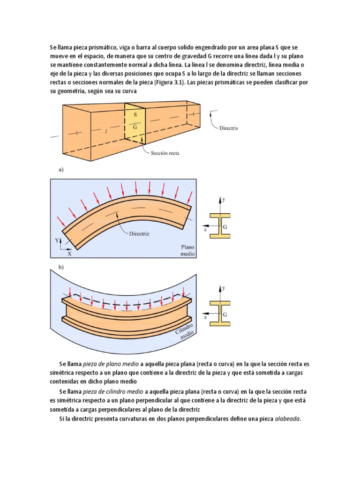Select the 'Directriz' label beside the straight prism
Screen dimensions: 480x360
[229, 127]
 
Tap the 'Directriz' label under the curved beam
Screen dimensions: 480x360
[139, 234]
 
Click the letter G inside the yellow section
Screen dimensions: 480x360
[135, 126]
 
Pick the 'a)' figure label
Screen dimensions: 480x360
[61, 170]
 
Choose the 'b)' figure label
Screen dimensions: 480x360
[61, 267]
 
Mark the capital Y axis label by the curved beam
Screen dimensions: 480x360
[57, 240]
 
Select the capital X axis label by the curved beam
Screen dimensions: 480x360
[69, 254]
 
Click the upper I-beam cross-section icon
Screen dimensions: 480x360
[219, 225]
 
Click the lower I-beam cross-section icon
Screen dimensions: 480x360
[219, 314]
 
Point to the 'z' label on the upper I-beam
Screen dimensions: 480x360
[205, 231]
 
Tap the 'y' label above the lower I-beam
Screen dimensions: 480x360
[224, 287]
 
